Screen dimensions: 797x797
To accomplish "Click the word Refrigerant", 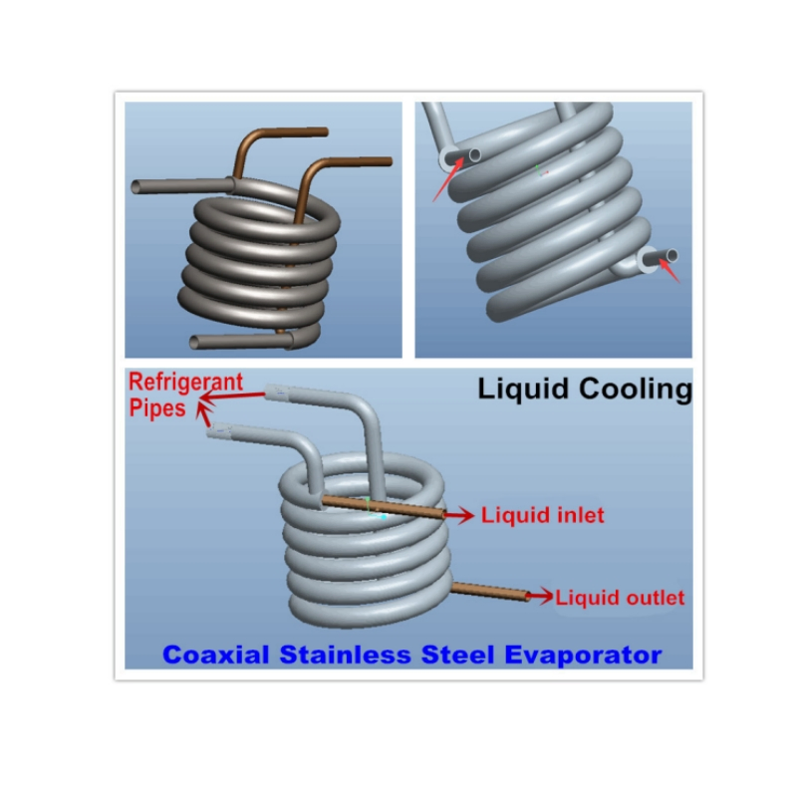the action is pyautogui.click(x=186, y=383).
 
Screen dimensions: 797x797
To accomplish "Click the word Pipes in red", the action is pyautogui.click(x=157, y=408).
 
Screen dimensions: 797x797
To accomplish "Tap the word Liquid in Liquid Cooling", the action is pyautogui.click(x=523, y=390).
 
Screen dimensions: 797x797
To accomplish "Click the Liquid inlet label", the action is pyautogui.click(x=543, y=515).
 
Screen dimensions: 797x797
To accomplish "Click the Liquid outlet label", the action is pyautogui.click(x=620, y=597).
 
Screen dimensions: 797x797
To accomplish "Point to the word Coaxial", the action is pyautogui.click(x=215, y=655).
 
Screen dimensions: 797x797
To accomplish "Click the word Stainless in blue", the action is pyautogui.click(x=345, y=655).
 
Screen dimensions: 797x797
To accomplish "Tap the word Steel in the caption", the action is pyautogui.click(x=457, y=655).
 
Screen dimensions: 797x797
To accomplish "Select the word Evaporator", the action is pyautogui.click(x=583, y=655).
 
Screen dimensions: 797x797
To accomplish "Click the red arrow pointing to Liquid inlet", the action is pyautogui.click(x=459, y=515).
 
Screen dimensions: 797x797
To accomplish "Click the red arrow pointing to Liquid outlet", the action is pyautogui.click(x=540, y=596).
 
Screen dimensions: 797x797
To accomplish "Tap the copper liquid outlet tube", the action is pyautogui.click(x=490, y=592).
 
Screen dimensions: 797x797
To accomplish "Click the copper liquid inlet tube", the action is pyautogui.click(x=383, y=507).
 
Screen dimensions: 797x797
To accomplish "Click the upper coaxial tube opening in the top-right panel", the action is pyautogui.click(x=475, y=155).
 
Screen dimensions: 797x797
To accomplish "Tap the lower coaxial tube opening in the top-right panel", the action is pyautogui.click(x=671, y=255).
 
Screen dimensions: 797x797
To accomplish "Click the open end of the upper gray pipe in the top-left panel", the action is pyautogui.click(x=136, y=187).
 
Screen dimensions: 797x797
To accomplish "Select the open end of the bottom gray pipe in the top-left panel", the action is pyautogui.click(x=194, y=342).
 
